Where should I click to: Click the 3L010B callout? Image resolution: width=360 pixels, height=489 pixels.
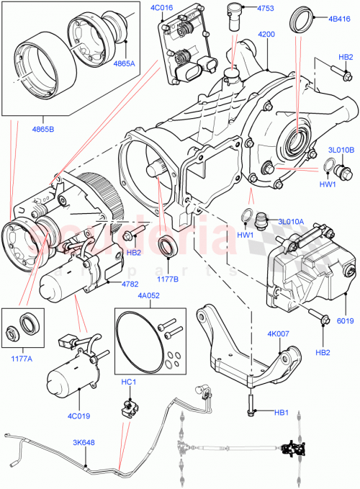[341, 150]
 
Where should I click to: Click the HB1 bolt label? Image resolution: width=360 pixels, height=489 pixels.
[281, 413]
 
